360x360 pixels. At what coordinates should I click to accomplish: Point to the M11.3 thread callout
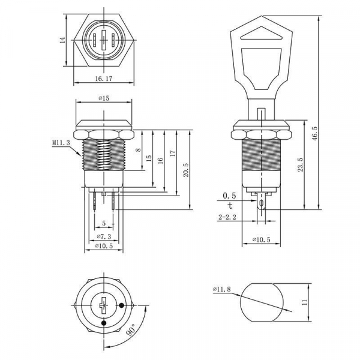[x=61, y=143]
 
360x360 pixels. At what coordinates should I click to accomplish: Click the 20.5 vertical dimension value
[x=187, y=170]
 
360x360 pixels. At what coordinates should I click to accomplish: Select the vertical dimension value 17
[x=173, y=154]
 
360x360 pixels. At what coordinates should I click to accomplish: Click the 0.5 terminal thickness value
[x=229, y=196]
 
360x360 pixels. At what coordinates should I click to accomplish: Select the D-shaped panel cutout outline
[x=262, y=304]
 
